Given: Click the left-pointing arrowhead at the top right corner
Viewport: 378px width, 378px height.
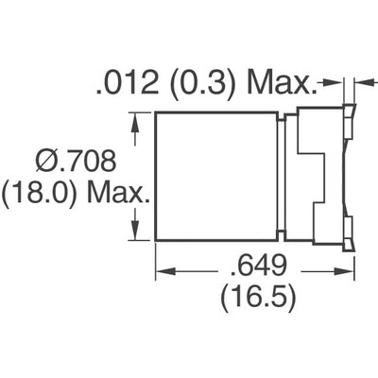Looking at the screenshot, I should [361, 83].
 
